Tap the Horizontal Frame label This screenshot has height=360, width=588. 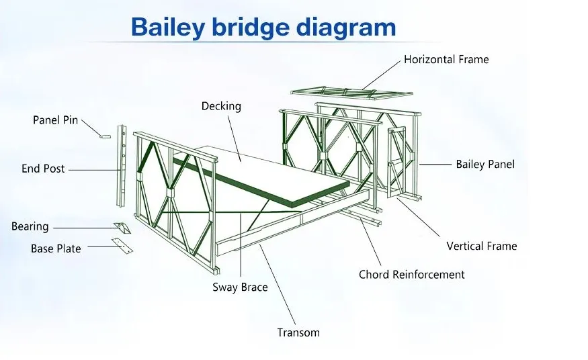click(446, 59)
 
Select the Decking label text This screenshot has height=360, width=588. click(221, 106)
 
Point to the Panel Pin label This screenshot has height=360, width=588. click(55, 120)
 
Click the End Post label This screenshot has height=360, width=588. click(43, 169)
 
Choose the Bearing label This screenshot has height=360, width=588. click(30, 226)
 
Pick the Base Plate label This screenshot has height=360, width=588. click(56, 249)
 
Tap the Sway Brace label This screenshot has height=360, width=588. click(240, 287)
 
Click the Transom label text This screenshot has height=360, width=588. click(298, 332)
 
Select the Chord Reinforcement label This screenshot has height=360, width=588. click(411, 274)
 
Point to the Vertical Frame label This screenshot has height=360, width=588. click(482, 246)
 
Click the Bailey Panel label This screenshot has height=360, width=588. click(485, 164)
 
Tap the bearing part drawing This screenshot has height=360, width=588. click(122, 228)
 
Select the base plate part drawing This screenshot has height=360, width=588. click(122, 246)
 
